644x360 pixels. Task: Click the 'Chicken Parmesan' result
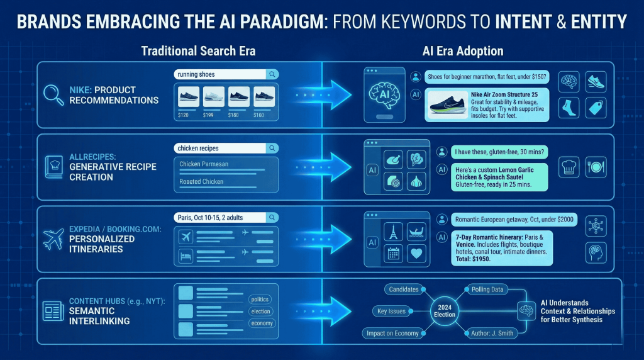point(225,165)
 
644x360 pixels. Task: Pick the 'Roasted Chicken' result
point(225,182)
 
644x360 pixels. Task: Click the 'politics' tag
point(260,300)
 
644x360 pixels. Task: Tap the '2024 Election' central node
point(445,310)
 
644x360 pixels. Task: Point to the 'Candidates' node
point(404,289)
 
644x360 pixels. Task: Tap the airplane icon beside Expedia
point(54,240)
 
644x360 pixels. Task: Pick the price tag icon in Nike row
point(595,108)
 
